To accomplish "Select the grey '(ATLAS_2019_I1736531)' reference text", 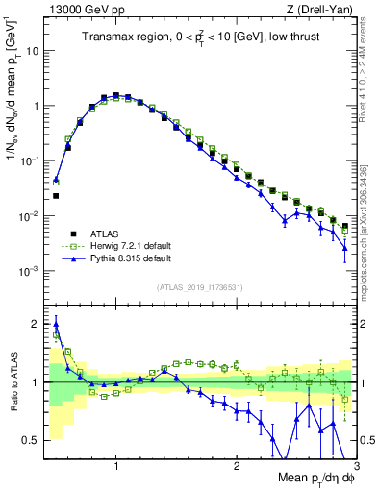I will click(201, 286).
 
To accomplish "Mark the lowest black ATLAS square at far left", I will click(56, 196).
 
